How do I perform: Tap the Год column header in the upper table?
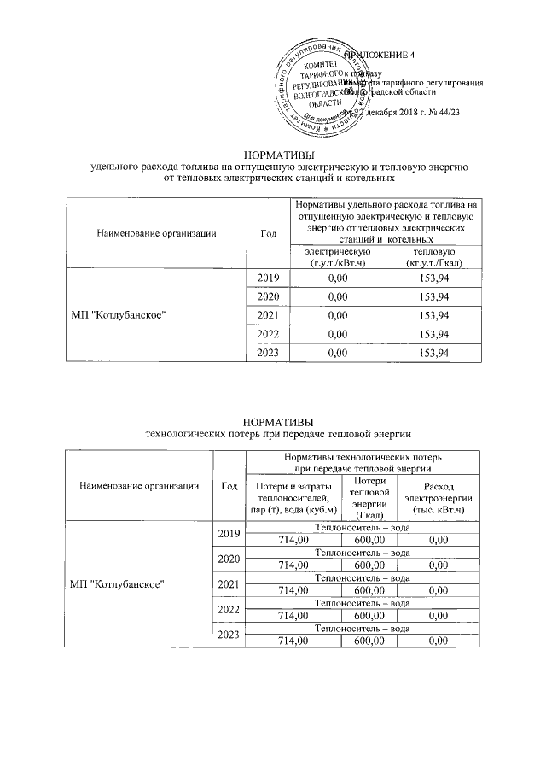[x=268, y=232]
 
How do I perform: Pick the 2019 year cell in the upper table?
[x=268, y=278]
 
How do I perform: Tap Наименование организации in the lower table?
[x=140, y=486]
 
